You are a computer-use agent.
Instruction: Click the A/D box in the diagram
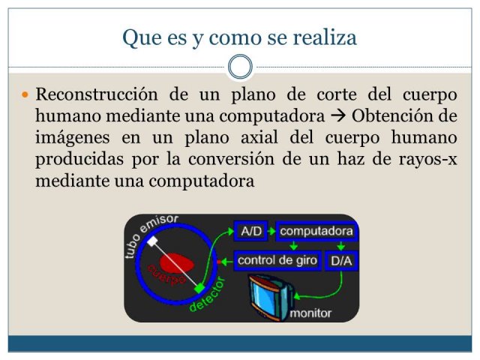point(250,231)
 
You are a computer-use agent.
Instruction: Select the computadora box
point(316,231)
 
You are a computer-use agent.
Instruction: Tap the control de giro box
point(277,260)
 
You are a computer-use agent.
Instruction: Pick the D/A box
point(341,261)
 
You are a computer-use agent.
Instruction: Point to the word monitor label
point(310,313)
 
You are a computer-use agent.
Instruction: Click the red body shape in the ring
point(177,263)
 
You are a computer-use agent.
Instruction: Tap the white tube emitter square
point(152,241)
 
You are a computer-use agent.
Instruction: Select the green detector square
point(199,288)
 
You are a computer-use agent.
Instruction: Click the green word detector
point(207,294)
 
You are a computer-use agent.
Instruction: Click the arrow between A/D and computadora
point(271,231)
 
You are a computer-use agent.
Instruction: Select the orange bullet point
point(25,94)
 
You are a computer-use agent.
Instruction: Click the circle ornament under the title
point(240,67)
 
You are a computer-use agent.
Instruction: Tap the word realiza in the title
point(325,37)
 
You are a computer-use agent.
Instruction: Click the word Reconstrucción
point(97,94)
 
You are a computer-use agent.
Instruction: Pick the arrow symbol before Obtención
point(338,116)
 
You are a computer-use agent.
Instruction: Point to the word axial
point(259,137)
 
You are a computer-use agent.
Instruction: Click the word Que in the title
point(142,38)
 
